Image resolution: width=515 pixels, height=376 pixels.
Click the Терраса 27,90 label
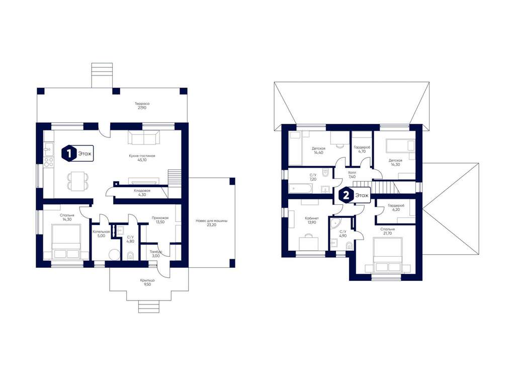click(x=142, y=106)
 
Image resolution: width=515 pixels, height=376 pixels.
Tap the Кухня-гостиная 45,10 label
click(x=142, y=158)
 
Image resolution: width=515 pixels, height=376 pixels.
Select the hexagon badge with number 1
click(x=69, y=154)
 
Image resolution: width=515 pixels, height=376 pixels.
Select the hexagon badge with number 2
click(x=346, y=196)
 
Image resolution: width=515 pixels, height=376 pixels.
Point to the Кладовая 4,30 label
click(x=142, y=192)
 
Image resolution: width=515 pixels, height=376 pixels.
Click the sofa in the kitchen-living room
click(x=144, y=137)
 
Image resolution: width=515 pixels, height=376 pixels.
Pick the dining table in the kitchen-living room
click(x=78, y=181)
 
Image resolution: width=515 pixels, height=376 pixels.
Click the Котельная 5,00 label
click(x=101, y=234)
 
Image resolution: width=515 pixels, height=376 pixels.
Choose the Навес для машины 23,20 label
click(x=212, y=223)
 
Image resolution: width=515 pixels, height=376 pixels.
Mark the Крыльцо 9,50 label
click(x=147, y=282)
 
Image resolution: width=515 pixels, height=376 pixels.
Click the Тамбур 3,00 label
click(x=156, y=253)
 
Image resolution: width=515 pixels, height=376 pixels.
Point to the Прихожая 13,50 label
click(x=160, y=219)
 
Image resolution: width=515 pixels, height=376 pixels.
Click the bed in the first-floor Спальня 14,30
click(x=66, y=242)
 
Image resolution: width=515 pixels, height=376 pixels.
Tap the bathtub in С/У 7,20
click(x=301, y=189)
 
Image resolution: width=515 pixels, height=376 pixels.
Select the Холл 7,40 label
click(x=352, y=174)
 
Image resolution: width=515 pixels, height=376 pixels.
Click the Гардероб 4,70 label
click(x=362, y=149)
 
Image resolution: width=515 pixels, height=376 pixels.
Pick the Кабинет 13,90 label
click(x=312, y=220)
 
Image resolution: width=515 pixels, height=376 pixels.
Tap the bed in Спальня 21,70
click(x=388, y=255)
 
